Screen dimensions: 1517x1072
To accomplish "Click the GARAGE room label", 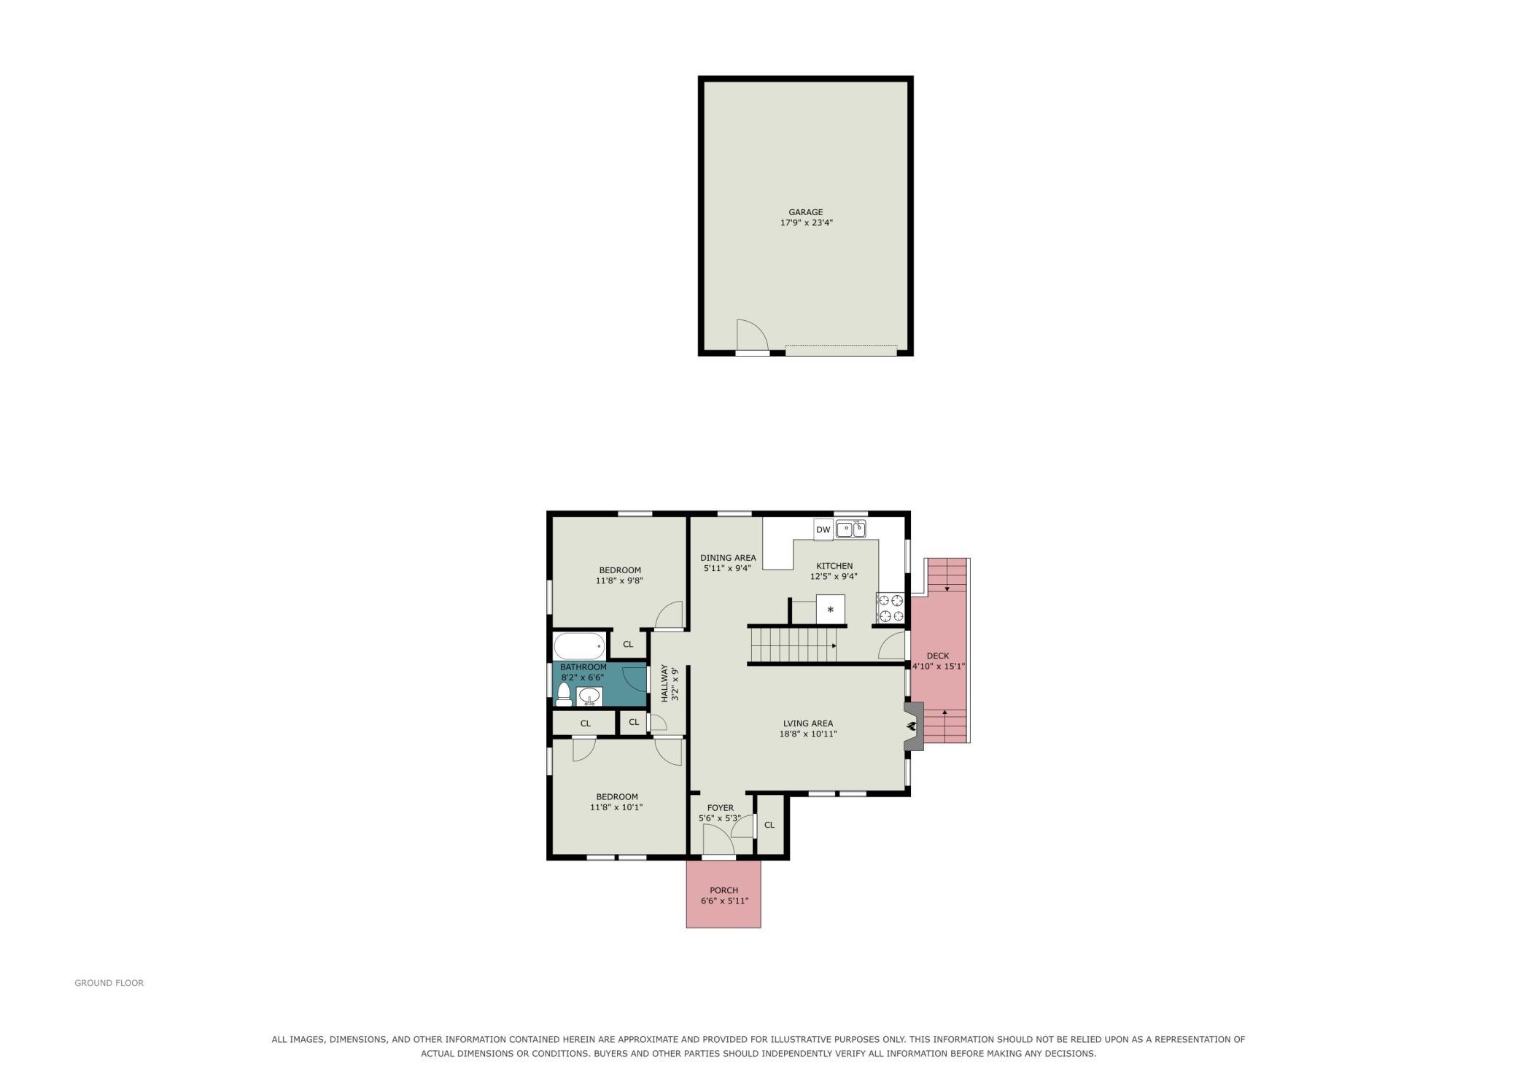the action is tap(805, 212).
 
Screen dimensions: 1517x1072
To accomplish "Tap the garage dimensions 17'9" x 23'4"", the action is tap(806, 223).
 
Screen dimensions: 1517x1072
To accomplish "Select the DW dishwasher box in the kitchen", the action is tap(823, 529).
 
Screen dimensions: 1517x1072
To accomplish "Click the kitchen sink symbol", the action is tap(850, 529).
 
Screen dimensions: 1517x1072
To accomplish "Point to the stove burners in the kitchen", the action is tap(891, 608).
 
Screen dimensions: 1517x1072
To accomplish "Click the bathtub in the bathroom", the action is tap(580, 646).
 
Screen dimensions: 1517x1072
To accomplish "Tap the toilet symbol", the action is tap(564, 694).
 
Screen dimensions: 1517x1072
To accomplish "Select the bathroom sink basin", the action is tap(589, 696).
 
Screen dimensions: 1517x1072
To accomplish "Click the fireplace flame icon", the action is tap(912, 726).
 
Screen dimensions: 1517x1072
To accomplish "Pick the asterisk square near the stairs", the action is tap(830, 610).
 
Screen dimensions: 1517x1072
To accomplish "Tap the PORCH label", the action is tap(723, 890).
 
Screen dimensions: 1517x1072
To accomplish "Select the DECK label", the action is tap(938, 656).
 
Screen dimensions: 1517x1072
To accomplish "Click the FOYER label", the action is tap(721, 807).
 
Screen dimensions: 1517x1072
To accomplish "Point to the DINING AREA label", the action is tap(728, 558).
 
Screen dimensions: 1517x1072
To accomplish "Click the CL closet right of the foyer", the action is tap(769, 825).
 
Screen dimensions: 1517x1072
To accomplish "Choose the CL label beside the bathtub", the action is tap(628, 644).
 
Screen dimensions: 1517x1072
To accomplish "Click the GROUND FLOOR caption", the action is tap(109, 983).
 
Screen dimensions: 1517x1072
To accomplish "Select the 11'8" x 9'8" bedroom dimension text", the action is tap(619, 581).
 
